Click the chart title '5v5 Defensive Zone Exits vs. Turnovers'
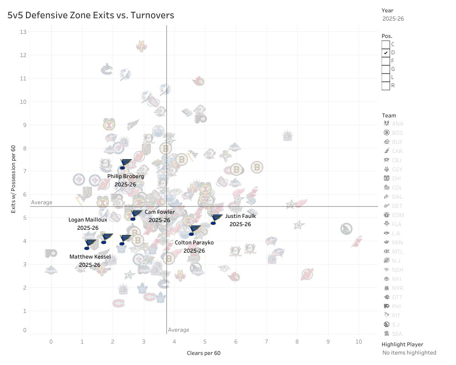(x=91, y=16)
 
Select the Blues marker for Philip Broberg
(x=126, y=164)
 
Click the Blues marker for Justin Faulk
(x=216, y=219)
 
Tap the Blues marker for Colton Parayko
(x=195, y=230)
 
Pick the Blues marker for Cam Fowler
(x=136, y=215)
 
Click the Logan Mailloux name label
(x=88, y=220)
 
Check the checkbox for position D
(x=386, y=53)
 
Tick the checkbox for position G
(x=386, y=69)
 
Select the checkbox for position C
(x=386, y=44)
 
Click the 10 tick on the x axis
(x=359, y=341)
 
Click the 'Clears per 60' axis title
(x=204, y=353)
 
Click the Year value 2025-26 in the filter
(x=393, y=19)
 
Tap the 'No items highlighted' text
(x=409, y=353)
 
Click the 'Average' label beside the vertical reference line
(x=178, y=330)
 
